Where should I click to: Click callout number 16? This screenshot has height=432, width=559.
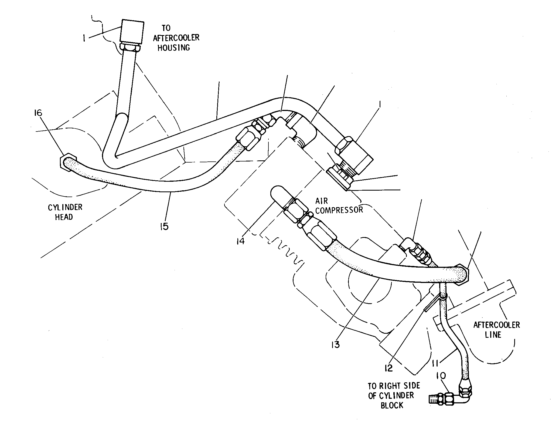[38, 113]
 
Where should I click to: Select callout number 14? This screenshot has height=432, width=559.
[240, 240]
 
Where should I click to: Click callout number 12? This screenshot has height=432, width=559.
[388, 368]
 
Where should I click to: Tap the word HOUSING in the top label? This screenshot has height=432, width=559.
[174, 48]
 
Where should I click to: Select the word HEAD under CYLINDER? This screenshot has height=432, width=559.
[64, 217]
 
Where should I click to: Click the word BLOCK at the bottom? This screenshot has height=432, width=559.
[392, 405]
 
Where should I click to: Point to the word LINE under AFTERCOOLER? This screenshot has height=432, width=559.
[493, 335]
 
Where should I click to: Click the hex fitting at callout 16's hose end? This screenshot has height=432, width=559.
[67, 163]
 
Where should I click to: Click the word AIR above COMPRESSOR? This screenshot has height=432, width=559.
[322, 201]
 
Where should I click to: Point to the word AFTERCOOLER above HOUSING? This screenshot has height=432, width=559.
[176, 38]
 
